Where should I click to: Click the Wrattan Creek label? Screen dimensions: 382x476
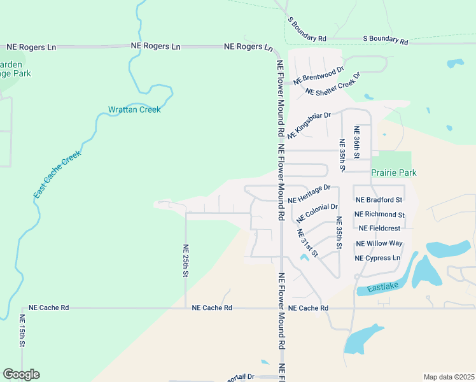[134, 110]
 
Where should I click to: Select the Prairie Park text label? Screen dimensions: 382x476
[393, 173]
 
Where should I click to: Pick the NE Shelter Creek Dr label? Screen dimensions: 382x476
[333, 84]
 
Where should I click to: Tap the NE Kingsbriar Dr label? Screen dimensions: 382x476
[310, 125]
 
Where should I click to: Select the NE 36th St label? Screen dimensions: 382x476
[358, 143]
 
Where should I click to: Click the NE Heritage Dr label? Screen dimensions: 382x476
[309, 194]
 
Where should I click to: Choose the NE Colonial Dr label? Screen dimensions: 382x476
[317, 213]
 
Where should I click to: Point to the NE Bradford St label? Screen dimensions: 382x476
[379, 200]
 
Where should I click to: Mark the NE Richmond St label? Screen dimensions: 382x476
[379, 215]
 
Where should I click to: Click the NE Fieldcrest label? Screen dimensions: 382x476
[379, 228]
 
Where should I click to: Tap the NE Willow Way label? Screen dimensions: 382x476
[379, 243]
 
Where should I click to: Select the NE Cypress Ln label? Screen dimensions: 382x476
[378, 258]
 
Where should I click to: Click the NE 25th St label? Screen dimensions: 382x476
[186, 261]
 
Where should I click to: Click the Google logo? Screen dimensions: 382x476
[21, 374]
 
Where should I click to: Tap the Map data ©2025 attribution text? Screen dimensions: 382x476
[449, 377]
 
